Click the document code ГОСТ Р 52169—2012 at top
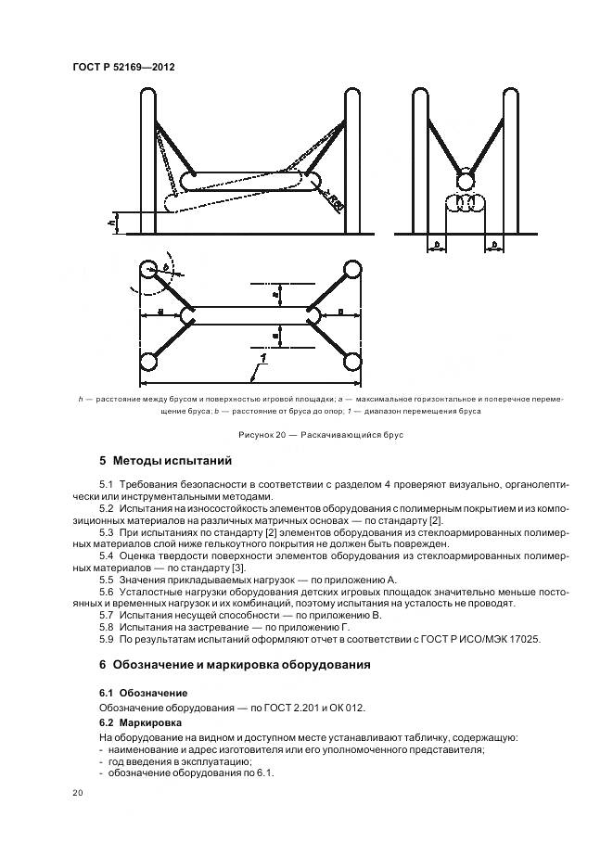coord(124,68)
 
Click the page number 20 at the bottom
coord(78,793)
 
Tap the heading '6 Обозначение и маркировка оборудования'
coord(235,664)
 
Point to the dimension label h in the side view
coord(110,222)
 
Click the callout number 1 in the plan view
coord(263,359)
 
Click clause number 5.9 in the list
coord(106,640)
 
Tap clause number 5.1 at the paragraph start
coord(106,484)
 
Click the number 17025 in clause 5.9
coord(525,640)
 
